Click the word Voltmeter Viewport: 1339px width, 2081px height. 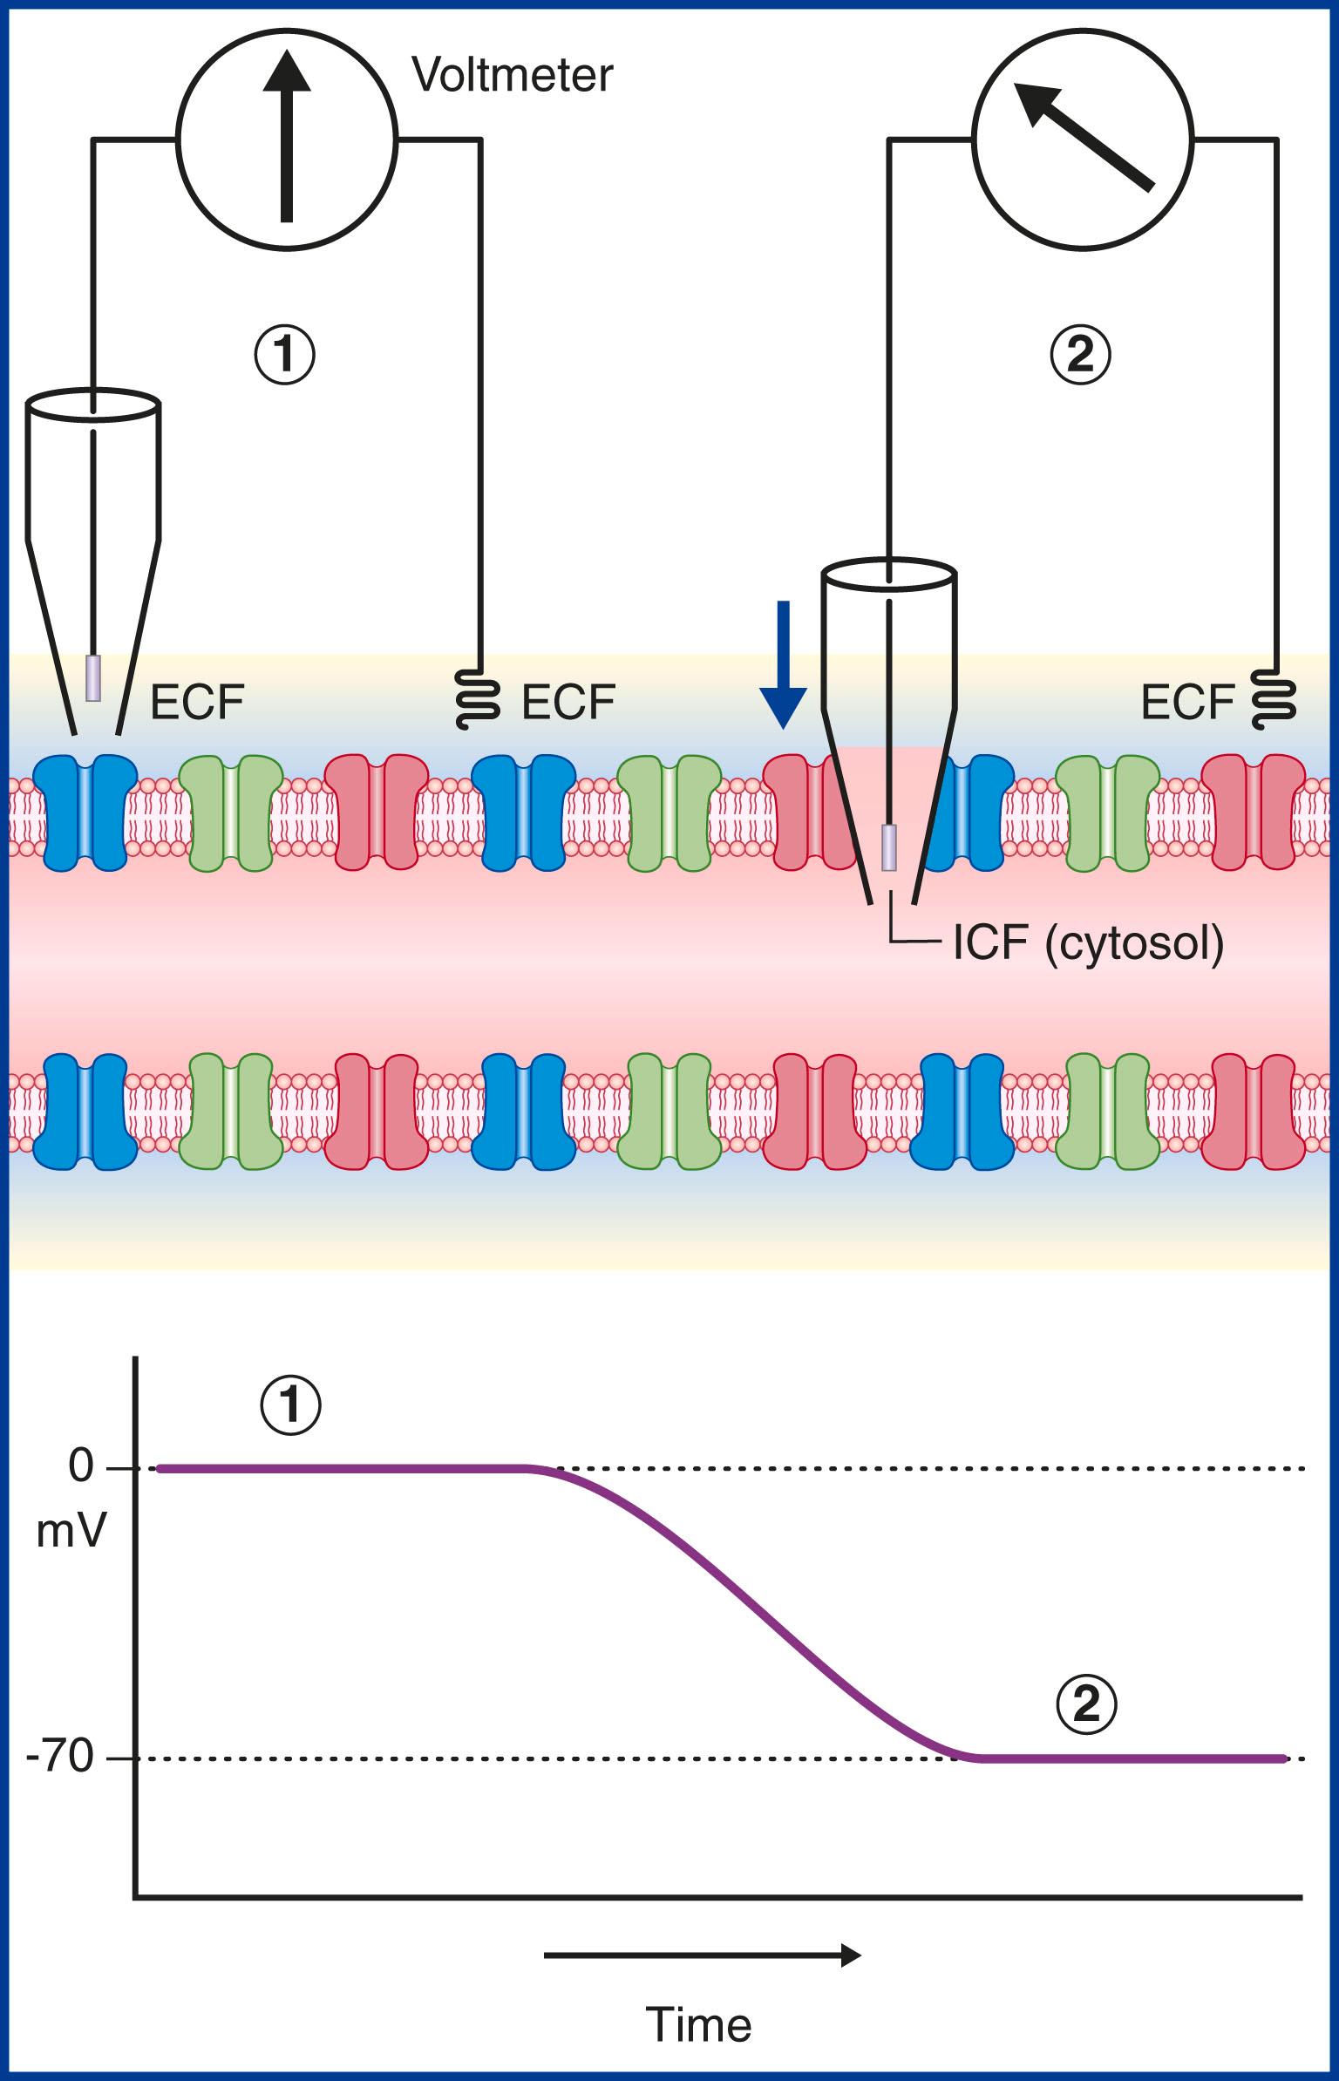coord(513,77)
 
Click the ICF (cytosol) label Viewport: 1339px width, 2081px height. coord(1089,944)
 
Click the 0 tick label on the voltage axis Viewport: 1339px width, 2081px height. coord(80,1466)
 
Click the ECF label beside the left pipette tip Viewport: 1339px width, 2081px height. coord(198,701)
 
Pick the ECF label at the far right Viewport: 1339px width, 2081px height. coord(1187,701)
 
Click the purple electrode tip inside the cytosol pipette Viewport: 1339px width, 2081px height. coord(888,847)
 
